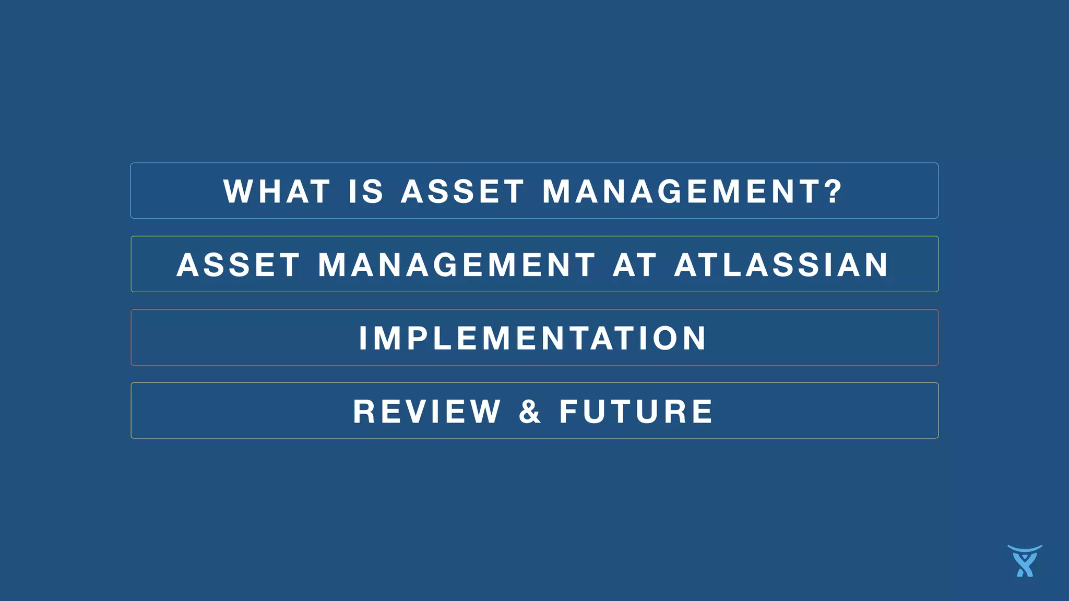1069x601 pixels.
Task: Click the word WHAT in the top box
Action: click(277, 191)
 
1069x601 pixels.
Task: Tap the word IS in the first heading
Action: click(366, 191)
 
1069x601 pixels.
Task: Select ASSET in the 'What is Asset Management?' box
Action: click(462, 191)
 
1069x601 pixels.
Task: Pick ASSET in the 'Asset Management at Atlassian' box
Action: click(239, 265)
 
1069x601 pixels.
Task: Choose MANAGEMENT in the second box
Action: click(457, 265)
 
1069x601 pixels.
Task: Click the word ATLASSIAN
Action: click(781, 265)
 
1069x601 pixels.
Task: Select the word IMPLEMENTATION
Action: click(533, 339)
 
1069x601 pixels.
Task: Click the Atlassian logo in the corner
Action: click(1025, 561)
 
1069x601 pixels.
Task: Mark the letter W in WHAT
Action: click(239, 191)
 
